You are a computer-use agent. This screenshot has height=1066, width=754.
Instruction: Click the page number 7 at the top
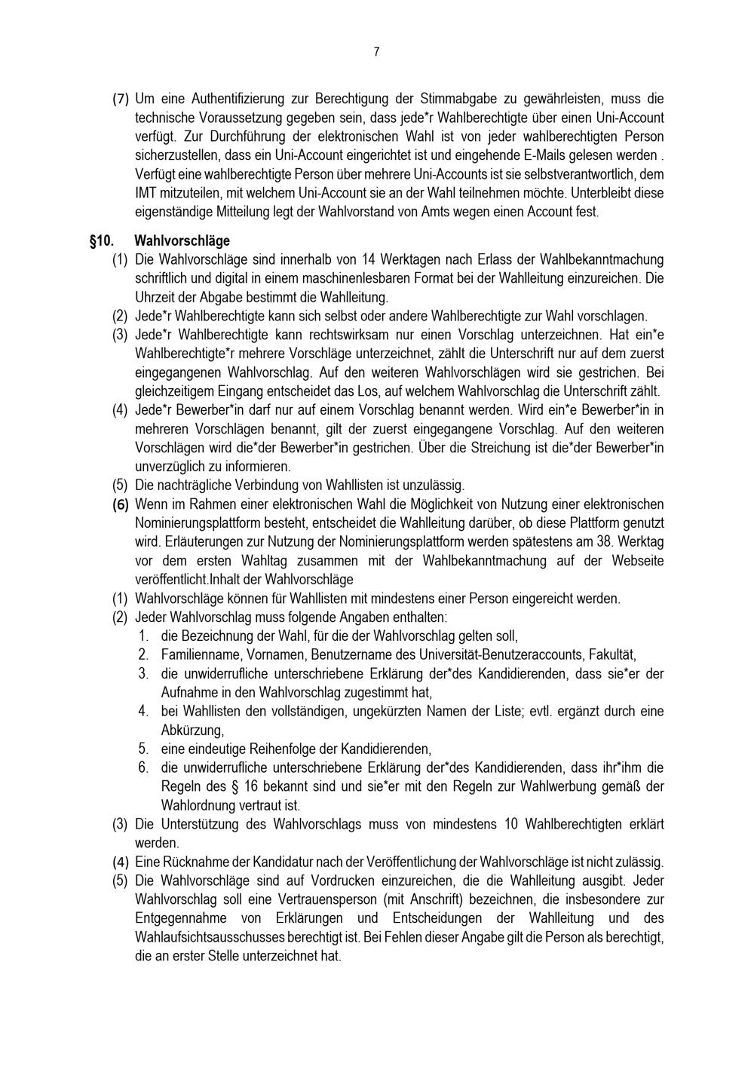tap(376, 52)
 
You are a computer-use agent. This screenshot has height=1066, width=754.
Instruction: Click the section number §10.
tap(102, 241)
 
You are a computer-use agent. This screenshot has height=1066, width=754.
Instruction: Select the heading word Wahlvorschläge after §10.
tap(182, 241)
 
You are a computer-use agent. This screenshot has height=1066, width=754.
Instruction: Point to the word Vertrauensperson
tap(333, 899)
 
